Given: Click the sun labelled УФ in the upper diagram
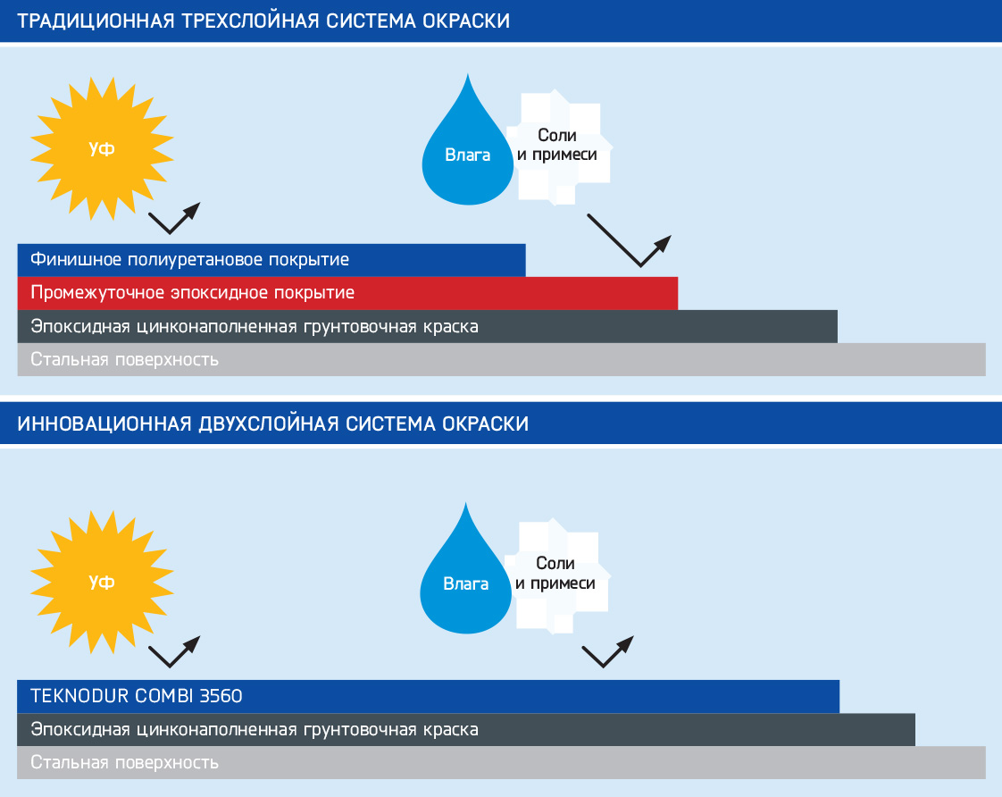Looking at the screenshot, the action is click(x=102, y=149).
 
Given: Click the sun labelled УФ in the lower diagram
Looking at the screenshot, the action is click(x=102, y=583).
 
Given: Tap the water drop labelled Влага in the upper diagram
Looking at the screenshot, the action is click(x=468, y=147).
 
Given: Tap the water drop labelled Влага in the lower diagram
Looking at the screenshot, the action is click(x=466, y=575).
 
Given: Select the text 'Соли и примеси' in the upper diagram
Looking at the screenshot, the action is click(x=557, y=145).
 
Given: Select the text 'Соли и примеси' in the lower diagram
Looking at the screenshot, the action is click(x=555, y=574).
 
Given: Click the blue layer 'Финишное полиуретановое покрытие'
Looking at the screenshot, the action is click(x=271, y=260).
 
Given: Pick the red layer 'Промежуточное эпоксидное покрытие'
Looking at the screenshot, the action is click(x=347, y=293).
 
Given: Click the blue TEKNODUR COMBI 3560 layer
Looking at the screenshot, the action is click(x=428, y=697).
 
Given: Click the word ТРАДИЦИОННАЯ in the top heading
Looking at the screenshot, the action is click(x=96, y=21).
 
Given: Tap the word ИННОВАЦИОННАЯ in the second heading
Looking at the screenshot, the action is click(x=104, y=424).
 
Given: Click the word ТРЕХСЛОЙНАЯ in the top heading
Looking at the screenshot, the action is click(x=250, y=21).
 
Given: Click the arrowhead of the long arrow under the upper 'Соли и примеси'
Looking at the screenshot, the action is click(x=664, y=244).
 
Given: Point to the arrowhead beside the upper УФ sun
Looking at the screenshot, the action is click(x=192, y=210).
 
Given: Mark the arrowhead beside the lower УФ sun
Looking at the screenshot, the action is click(x=192, y=643).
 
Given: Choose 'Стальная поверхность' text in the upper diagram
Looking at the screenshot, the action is click(x=125, y=360).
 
